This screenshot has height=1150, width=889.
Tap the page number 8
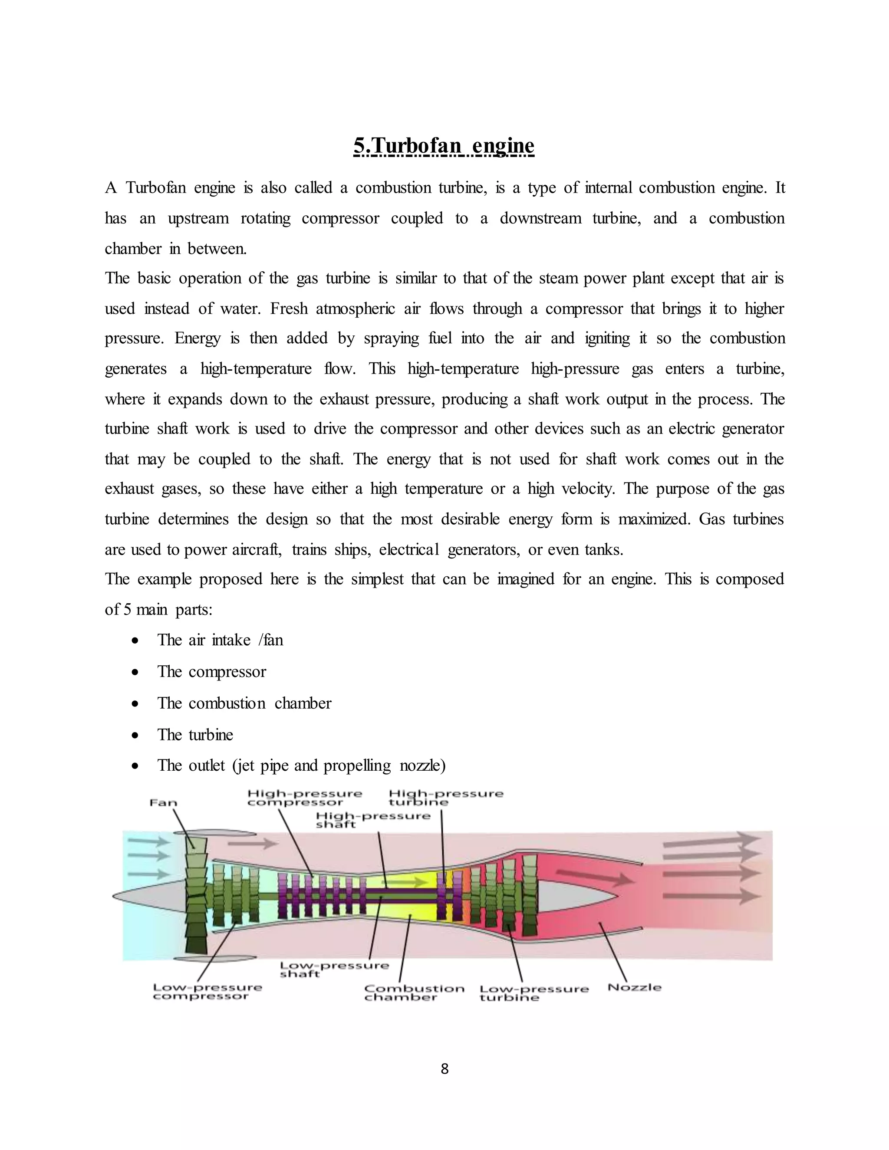pos(444,1068)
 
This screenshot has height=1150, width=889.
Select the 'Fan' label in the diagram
pos(163,803)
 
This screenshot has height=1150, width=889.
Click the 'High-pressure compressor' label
pos(304,798)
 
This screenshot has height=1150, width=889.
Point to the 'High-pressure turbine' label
pos(445,798)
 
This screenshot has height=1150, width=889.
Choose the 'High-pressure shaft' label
pos(373,820)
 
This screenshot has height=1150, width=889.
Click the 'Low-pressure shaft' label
pos(334,969)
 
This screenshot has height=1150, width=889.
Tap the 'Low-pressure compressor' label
pos(207,992)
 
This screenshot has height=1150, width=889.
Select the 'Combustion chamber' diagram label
pos(414,992)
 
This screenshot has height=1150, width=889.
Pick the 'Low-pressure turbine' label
pos(533,993)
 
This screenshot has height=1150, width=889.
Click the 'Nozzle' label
pos(634,987)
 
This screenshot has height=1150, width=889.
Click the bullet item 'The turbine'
pos(195,735)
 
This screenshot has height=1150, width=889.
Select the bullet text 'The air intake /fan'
pos(220,640)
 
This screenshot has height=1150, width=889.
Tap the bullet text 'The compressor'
pos(212,671)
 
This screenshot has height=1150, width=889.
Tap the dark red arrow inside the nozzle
pos(595,877)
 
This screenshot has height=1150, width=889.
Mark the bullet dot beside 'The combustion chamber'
pos(136,703)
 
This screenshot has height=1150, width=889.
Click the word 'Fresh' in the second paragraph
pos(289,309)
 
